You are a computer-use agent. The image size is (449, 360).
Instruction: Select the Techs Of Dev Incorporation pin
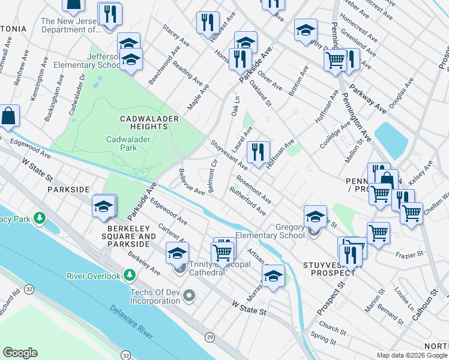(190, 295)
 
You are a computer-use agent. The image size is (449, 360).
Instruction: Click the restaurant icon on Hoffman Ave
(259, 152)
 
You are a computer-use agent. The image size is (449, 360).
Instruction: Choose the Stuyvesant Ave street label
(228, 155)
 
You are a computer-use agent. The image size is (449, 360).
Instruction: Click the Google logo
(20, 353)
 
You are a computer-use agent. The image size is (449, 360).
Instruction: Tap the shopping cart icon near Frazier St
(378, 233)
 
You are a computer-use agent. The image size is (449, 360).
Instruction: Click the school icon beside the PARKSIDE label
(103, 206)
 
